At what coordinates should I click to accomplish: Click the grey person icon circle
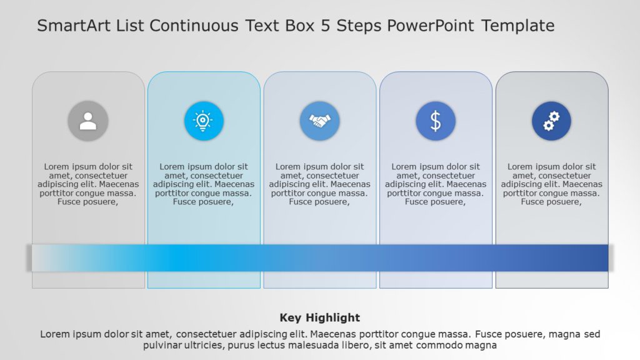click(x=88, y=121)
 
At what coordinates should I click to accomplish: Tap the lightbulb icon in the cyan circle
click(x=204, y=121)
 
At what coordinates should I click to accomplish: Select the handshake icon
click(x=320, y=121)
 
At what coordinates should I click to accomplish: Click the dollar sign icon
click(x=436, y=121)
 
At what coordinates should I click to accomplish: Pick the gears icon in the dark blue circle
click(x=551, y=121)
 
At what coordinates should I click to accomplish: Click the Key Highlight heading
click(x=319, y=317)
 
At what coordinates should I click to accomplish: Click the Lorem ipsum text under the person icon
click(x=88, y=184)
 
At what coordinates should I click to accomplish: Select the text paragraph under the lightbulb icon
click(x=204, y=184)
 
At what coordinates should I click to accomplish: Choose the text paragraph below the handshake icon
click(x=320, y=184)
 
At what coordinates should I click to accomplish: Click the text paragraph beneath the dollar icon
click(x=436, y=184)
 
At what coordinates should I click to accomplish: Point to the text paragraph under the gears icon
click(x=551, y=184)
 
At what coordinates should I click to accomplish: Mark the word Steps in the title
click(x=360, y=26)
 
